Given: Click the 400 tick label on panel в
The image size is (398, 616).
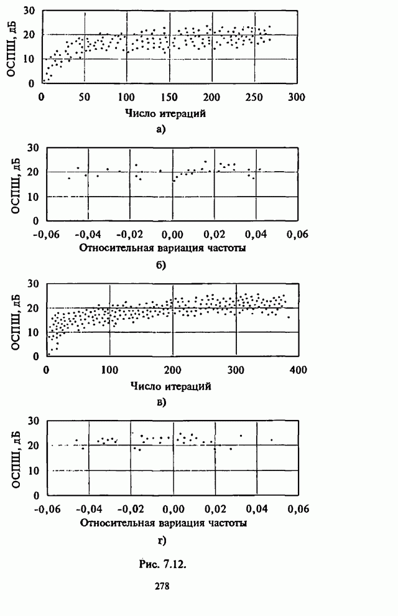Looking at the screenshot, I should click(x=298, y=371).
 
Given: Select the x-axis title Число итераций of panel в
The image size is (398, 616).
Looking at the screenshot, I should click(x=171, y=386).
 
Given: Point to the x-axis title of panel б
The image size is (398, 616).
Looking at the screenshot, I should click(x=164, y=249).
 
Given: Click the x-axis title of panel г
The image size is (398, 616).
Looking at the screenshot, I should click(x=164, y=523).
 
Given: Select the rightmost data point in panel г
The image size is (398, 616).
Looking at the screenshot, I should click(x=272, y=440).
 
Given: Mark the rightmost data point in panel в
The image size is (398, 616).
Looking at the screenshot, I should click(x=288, y=317).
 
